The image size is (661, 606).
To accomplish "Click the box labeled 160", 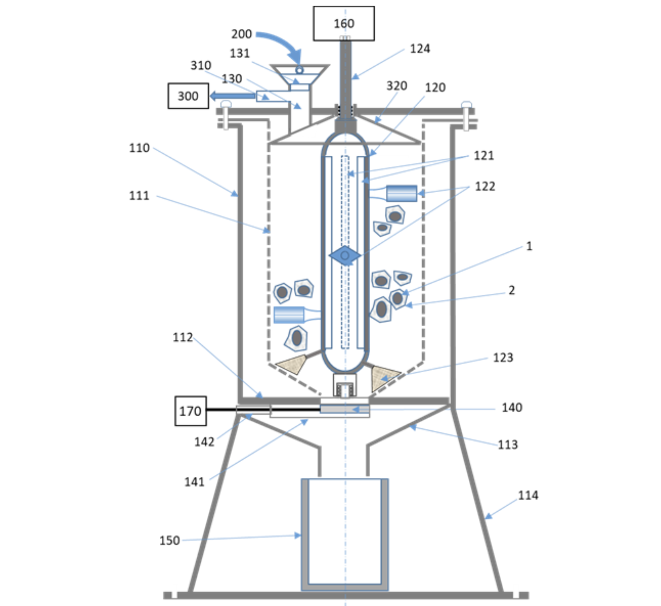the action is pos(344,23).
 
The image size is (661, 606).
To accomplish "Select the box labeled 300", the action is pos(189,96).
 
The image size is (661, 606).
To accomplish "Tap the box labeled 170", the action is pos(191,411).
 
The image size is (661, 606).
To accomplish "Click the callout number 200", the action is pos(242,34).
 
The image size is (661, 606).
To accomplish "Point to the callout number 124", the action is pos(420,49).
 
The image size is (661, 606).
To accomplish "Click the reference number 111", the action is pos(139,196).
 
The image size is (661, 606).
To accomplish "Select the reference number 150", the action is pos(169,540).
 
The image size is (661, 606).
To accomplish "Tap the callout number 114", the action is pos(528,495).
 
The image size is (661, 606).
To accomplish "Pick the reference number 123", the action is pos(503,358).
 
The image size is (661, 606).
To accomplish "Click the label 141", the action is pos(194,482).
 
